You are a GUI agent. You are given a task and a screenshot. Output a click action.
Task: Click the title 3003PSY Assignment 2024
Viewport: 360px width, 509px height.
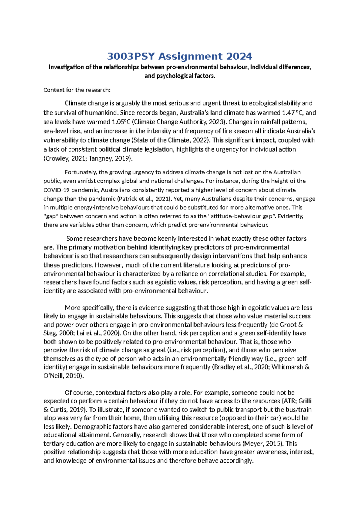180,56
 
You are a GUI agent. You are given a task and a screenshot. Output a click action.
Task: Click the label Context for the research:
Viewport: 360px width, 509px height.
77,90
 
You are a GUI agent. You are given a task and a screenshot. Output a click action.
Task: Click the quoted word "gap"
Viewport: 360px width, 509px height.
51,216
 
